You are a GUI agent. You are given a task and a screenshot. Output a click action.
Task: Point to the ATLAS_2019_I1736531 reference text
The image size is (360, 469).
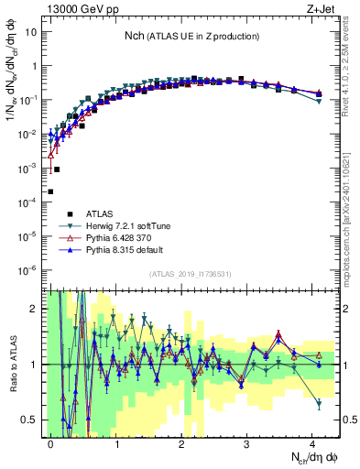tap(191, 275)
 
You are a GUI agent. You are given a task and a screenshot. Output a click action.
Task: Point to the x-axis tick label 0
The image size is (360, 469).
tap(51, 441)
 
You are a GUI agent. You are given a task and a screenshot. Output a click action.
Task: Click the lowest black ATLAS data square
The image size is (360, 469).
tap(50, 191)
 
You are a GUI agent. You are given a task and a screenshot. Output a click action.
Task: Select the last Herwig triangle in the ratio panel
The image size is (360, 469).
tap(318, 403)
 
